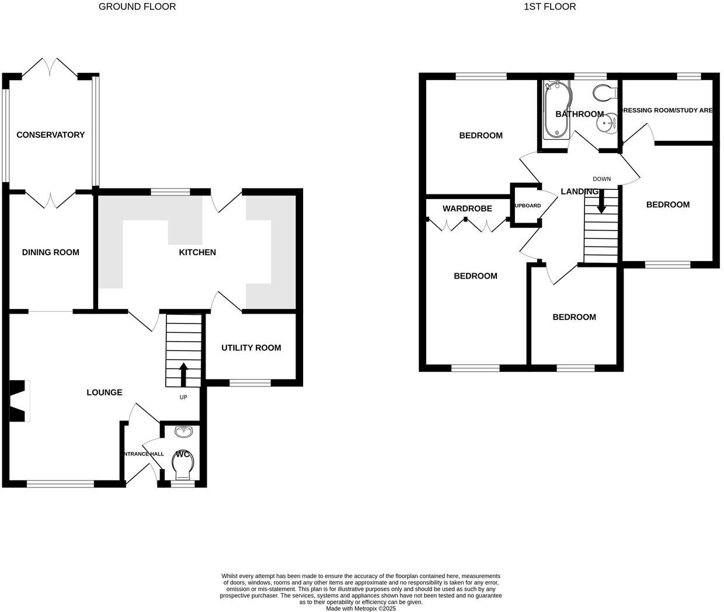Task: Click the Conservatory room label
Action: point(50,135)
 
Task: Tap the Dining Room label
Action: point(50,252)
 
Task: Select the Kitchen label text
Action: point(197,252)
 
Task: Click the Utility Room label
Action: point(251,348)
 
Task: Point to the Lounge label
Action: point(105,392)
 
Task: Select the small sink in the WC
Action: point(184,432)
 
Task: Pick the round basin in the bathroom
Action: point(607,123)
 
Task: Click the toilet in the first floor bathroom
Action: point(605,92)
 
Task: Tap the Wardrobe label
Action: point(467,208)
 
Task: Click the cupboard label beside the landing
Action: point(527,206)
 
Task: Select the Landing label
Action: point(579,192)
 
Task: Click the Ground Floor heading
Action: point(137,7)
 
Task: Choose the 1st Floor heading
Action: point(549,7)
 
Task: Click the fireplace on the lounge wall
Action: point(19,401)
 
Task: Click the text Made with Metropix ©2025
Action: point(361,608)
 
